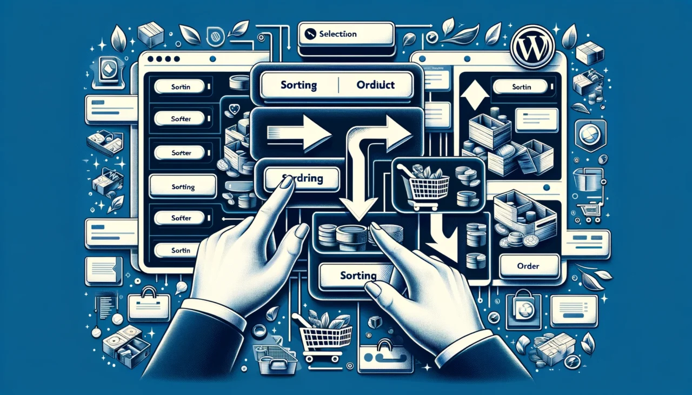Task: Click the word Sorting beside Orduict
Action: tap(298, 85)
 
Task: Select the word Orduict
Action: tap(376, 85)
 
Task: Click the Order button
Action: tap(529, 266)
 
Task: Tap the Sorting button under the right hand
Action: tap(358, 276)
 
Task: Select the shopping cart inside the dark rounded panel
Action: tap(424, 184)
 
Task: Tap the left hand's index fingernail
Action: tap(287, 182)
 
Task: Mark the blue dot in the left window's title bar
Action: tap(212, 59)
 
